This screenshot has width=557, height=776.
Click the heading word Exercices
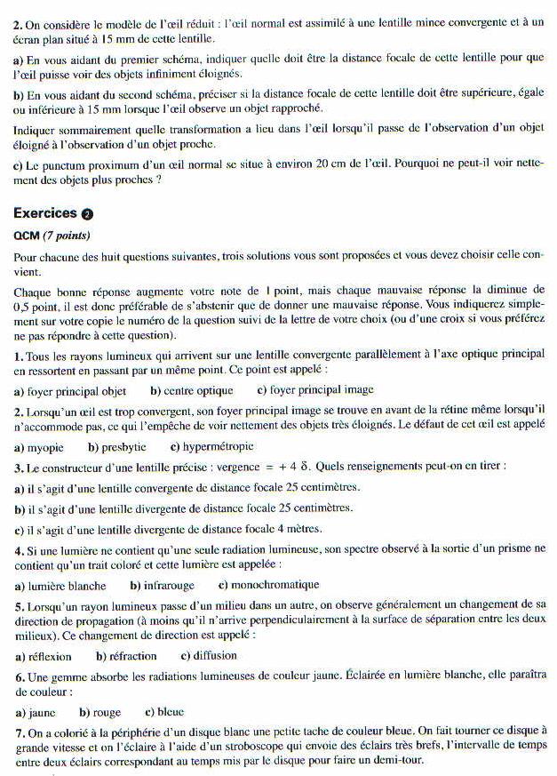tap(45, 213)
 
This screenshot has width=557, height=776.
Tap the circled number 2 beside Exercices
tap(86, 214)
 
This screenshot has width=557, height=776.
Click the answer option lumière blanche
tap(67, 586)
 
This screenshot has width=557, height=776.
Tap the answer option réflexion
tap(50, 657)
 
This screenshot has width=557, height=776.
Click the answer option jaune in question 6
tap(42, 713)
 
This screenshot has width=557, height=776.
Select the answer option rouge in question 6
tap(106, 713)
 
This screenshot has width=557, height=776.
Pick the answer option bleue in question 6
tap(169, 713)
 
